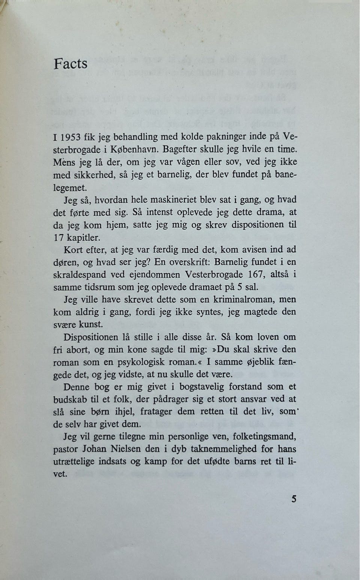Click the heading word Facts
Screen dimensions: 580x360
pos(70,64)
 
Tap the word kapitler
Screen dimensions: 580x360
pos(84,237)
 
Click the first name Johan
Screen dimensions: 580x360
pos(93,449)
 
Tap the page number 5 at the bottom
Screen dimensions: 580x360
pos(294,499)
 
